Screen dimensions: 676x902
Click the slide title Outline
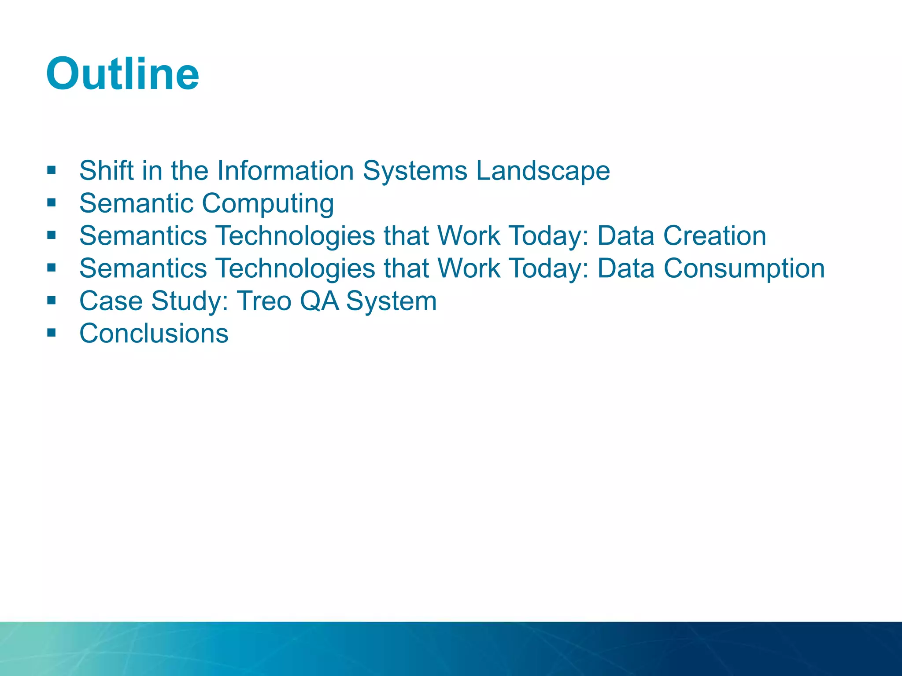coord(122,74)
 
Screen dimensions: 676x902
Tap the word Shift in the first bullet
coord(106,170)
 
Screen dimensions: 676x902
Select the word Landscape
coord(543,171)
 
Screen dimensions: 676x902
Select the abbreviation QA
coord(319,301)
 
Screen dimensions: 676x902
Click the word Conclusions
coord(154,334)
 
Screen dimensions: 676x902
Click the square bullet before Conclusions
coord(52,332)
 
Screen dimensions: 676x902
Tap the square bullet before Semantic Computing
coord(52,202)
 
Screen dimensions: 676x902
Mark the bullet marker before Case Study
coord(52,300)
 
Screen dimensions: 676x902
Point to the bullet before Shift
coord(52,170)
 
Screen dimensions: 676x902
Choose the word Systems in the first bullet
coord(414,171)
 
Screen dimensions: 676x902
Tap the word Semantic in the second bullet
coord(136,203)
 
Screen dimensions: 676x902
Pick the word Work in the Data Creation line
coord(468,235)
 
